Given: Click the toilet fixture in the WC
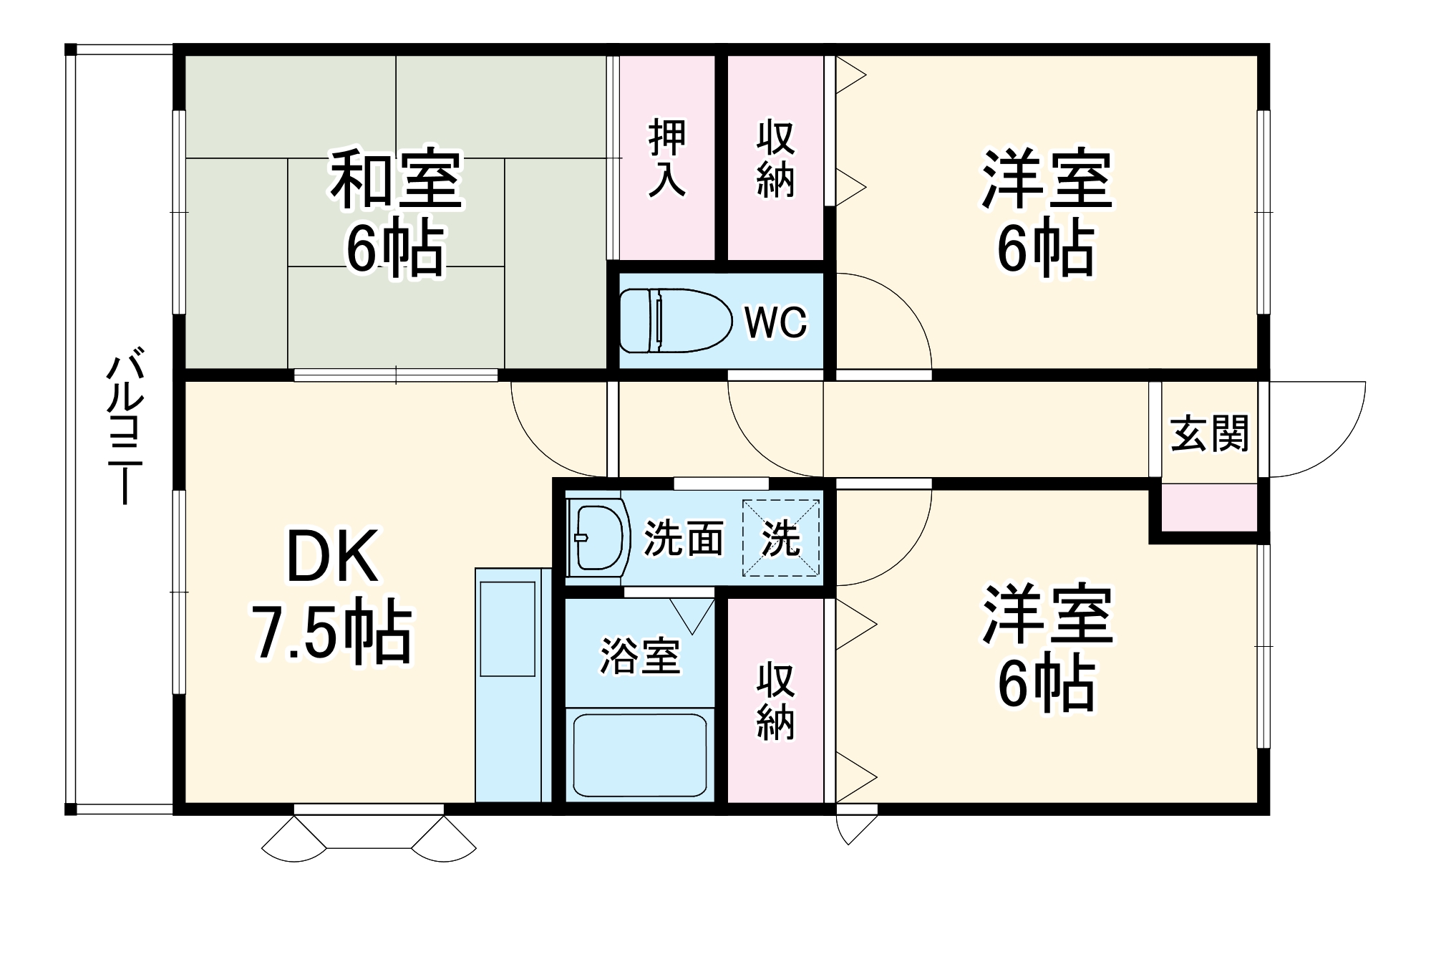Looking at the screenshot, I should coord(674,321).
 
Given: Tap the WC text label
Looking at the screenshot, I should coord(775,323).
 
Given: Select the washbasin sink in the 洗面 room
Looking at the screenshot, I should coord(599,537).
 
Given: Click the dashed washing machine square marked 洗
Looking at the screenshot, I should coord(780,538).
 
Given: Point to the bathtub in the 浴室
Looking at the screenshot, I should coord(639,755).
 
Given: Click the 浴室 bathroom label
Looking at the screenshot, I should coord(639,655).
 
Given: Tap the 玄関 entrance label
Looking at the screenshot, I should coord(1209,433).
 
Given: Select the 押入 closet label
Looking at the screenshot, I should coord(667,158).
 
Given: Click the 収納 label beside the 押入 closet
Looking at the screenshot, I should coord(775,158).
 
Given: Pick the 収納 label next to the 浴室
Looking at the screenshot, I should coord(775,701).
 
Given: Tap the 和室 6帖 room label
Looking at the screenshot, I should coord(396,213).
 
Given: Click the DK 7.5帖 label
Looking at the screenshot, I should coord(332,595).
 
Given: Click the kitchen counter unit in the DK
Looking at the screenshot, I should coord(512,685).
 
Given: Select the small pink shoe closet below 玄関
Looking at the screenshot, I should coord(1208,508).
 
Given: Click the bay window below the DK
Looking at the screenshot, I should coord(369,835).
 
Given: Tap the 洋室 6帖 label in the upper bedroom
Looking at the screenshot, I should coord(1046,213).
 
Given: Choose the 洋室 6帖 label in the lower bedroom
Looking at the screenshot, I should coord(1047,648).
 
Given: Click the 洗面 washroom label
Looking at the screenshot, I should coord(683,538).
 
